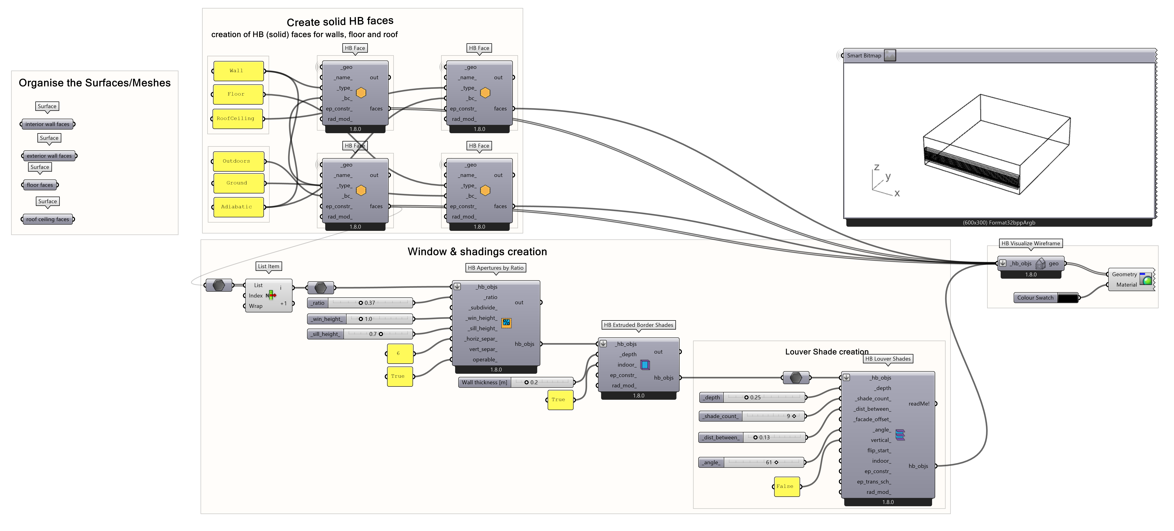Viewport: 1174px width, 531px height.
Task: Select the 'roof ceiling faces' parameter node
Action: [x=48, y=219]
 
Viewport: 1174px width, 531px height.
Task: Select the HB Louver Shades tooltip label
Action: [x=888, y=359]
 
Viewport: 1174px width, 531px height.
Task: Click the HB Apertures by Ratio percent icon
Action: [x=506, y=323]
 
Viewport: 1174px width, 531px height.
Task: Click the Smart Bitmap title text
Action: [x=864, y=56]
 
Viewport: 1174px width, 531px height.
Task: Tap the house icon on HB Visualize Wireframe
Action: [x=1040, y=263]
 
